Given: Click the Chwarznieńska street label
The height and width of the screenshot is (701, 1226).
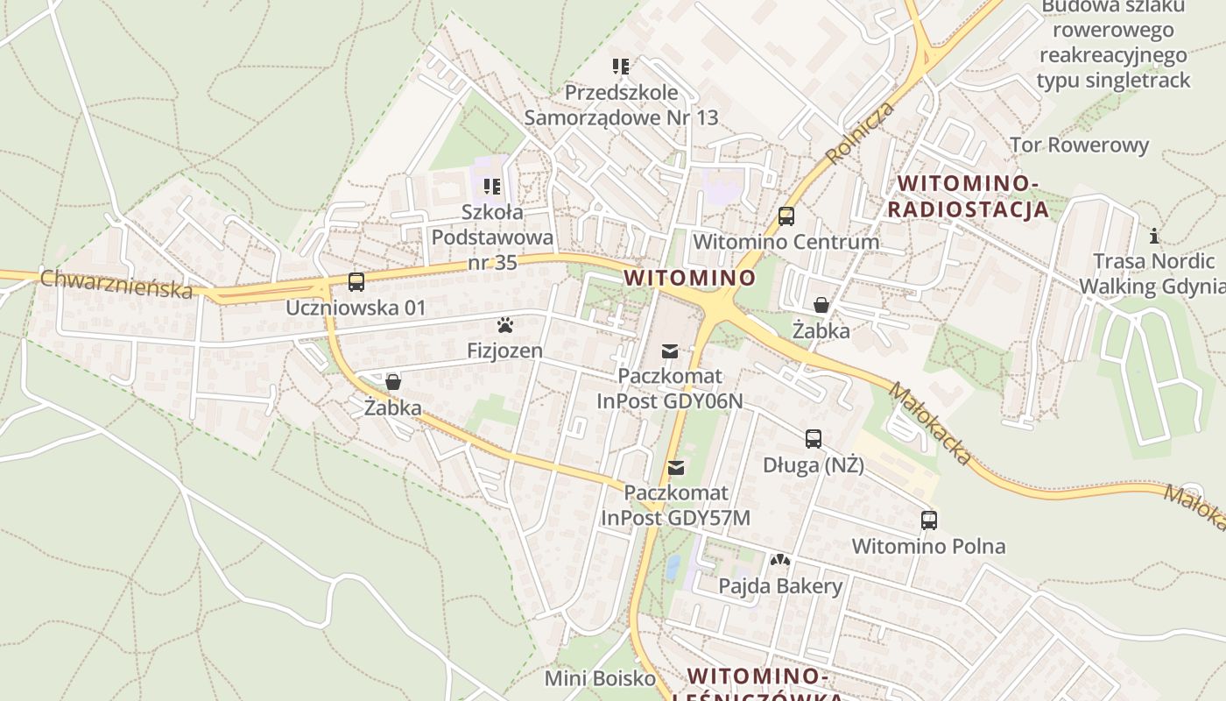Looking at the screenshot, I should pos(116,283).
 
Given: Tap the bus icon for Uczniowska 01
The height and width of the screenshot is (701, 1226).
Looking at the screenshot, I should pos(356,282).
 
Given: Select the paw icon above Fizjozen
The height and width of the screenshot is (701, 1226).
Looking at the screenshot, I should pos(504,326).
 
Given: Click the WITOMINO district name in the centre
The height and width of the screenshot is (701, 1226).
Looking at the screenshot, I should pos(689,278).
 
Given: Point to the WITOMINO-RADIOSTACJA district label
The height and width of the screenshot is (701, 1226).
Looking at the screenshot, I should pos(968,196).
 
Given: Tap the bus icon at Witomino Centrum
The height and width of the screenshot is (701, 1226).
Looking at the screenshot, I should pos(786,216).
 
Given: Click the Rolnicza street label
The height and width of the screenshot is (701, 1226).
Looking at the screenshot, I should pos(860,132).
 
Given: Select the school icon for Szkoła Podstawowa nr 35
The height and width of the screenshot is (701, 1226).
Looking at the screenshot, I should pos(492,187).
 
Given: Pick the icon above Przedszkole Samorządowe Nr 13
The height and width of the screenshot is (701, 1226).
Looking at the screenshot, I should pos(621,67).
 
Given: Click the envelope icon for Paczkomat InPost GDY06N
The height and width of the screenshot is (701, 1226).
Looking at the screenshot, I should pos(670,351).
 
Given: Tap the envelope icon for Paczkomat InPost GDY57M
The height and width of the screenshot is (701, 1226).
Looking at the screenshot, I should pos(675,468).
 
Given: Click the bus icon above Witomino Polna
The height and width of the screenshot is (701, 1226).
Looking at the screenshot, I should pos(929,520).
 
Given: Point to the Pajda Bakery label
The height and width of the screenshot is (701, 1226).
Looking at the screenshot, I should pos(780,586).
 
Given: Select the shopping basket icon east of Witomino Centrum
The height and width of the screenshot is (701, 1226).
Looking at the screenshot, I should pos(821,305).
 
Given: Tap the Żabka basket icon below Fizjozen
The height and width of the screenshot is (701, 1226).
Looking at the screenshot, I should pos(393,382).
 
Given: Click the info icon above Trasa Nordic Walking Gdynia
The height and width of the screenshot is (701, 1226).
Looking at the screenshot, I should pos(1154,236).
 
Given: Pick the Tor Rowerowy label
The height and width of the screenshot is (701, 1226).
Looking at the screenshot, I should pos(1079,145).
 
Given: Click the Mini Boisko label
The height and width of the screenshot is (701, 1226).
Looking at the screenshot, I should pos(600,678).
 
